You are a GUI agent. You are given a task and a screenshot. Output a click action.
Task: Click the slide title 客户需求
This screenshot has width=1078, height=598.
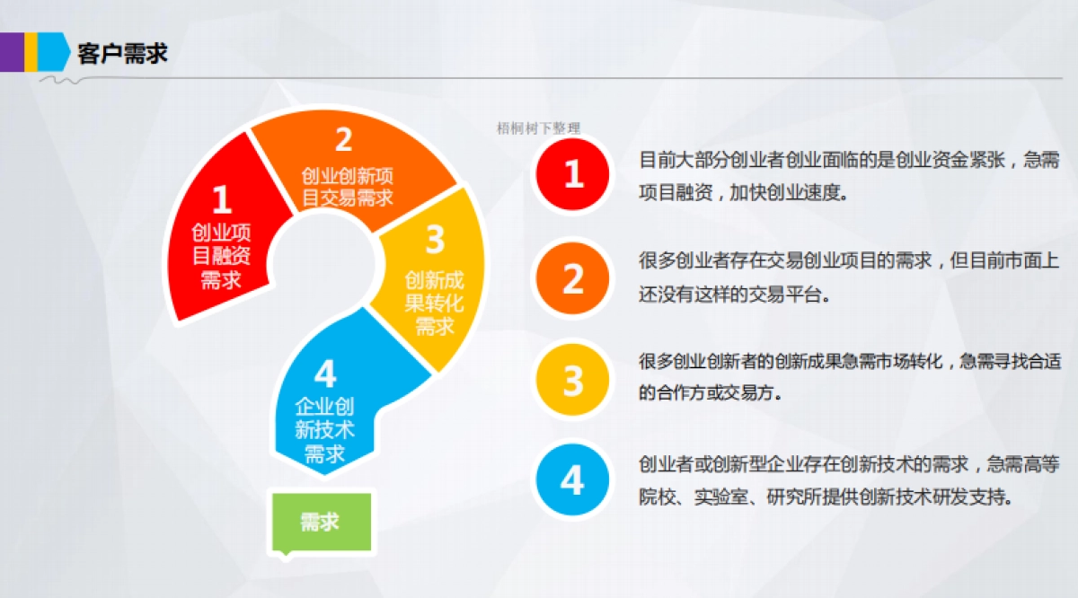tap(122, 53)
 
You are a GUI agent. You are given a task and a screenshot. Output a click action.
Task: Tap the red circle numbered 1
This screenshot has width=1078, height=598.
tap(572, 173)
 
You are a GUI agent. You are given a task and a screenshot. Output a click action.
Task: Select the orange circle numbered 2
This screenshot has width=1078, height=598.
tap(572, 278)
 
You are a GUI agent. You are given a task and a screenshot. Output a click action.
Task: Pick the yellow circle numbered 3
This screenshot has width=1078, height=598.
tap(572, 380)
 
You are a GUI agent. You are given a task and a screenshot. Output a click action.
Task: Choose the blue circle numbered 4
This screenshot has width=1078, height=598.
tap(572, 481)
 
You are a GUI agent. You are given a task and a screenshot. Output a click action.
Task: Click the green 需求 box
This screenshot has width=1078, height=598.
tap(320, 521)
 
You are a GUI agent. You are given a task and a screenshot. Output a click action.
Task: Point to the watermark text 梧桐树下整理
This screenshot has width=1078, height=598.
tap(538, 128)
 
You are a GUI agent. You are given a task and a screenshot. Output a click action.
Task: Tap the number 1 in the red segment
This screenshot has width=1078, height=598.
tap(222, 199)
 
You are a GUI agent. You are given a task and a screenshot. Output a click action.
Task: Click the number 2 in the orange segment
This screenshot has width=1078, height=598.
tap(343, 141)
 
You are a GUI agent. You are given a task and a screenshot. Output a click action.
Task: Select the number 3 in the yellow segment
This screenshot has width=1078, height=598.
tap(435, 241)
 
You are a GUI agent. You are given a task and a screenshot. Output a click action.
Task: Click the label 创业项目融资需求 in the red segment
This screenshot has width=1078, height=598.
tap(222, 256)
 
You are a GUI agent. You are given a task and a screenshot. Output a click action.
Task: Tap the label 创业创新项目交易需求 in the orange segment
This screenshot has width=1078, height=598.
tap(347, 186)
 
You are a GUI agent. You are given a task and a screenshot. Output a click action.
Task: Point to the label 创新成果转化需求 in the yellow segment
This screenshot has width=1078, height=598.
tap(435, 303)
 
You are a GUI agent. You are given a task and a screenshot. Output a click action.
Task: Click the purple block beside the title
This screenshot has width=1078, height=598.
tap(11, 52)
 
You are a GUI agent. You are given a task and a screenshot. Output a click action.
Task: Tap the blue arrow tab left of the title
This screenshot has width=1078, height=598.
tap(54, 52)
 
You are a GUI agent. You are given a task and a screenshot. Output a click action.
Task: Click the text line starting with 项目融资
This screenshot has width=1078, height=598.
tap(743, 193)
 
